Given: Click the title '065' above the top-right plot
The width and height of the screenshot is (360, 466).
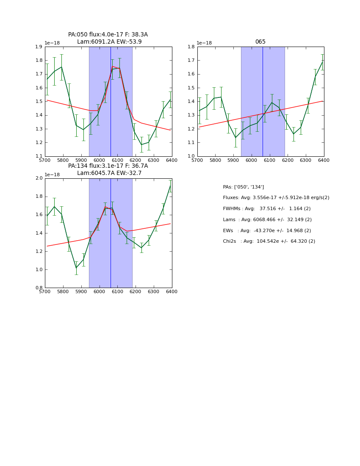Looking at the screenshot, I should click(260, 42).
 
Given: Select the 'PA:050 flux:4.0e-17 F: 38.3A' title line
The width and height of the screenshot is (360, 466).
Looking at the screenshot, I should click(108, 35).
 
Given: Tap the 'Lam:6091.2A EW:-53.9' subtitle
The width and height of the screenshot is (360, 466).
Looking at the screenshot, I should click(109, 42).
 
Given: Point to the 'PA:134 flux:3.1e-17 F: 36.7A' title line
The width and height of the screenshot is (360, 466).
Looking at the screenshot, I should click(108, 166).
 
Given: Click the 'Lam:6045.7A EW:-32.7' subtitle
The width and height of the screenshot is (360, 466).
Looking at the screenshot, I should click(109, 173).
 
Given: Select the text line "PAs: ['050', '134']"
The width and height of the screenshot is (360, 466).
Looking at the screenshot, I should click(243, 187).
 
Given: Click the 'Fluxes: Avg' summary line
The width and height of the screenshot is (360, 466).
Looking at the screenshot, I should click(276, 198).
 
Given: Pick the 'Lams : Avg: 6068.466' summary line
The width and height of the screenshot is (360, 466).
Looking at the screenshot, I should click(267, 220).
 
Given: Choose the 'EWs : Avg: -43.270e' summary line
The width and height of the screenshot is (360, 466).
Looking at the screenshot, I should click(267, 230).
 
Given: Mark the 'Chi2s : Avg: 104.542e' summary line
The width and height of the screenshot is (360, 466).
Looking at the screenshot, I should click(269, 241).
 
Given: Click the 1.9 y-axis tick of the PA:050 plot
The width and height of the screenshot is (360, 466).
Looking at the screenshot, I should click(39, 47).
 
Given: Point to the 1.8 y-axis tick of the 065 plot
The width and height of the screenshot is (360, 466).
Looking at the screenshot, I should click(191, 47).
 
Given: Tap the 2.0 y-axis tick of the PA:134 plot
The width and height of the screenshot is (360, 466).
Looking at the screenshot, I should click(39, 178).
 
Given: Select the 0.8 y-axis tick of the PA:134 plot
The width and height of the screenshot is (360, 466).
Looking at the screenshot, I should click(39, 288).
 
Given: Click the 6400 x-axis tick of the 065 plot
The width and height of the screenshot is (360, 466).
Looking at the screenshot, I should click(324, 161).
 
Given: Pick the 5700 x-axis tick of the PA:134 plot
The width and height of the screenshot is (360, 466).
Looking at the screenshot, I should click(45, 292).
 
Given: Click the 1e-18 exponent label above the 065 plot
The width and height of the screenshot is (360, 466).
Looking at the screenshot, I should click(205, 43).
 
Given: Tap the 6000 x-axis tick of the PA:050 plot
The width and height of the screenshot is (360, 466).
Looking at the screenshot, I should click(99, 161).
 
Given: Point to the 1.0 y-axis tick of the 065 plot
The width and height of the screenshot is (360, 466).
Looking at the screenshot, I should click(191, 156).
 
